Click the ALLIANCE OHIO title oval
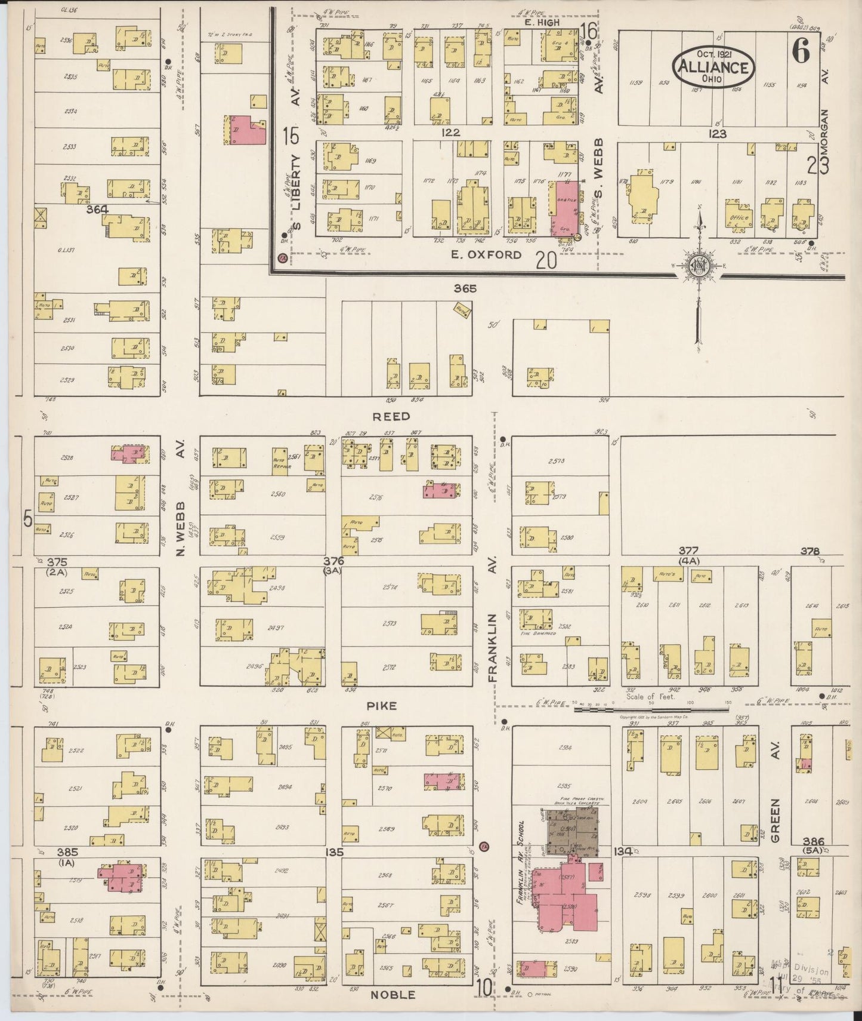714,67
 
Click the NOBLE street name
393,995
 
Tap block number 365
465,288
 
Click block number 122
450,133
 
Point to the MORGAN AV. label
825,137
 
